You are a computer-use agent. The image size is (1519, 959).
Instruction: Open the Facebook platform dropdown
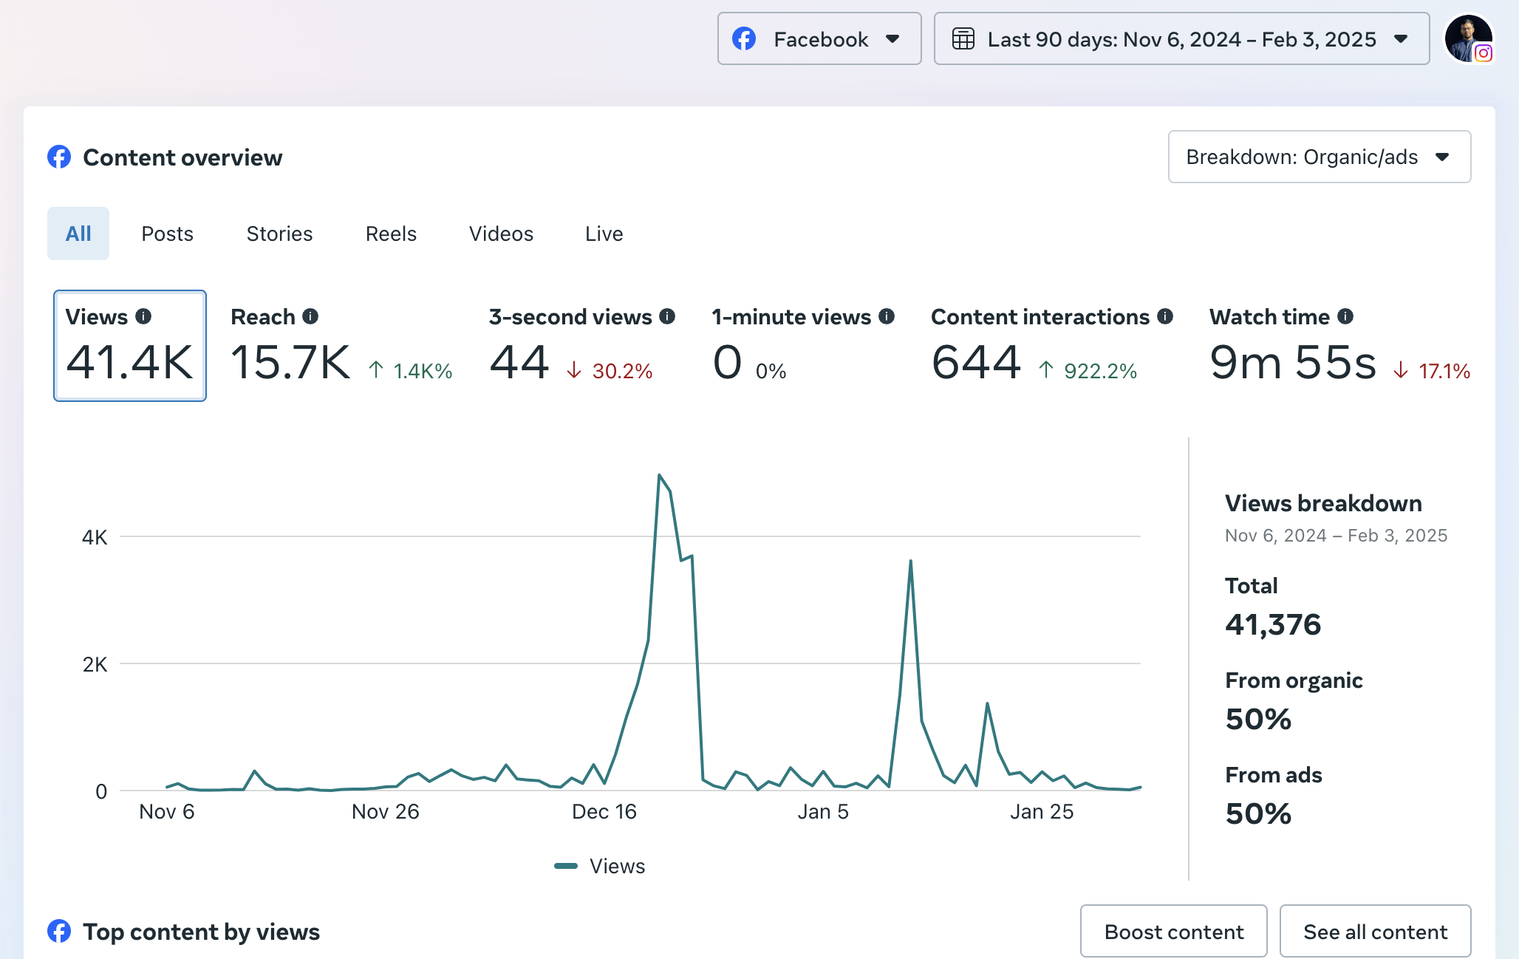point(819,38)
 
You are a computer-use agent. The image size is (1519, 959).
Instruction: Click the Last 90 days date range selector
point(1181,38)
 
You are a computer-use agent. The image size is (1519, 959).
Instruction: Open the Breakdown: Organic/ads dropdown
point(1319,157)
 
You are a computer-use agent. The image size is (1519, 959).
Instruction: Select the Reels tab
point(391,233)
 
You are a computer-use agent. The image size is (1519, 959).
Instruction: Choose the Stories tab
point(279,233)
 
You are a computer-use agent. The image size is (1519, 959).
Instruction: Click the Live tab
point(604,233)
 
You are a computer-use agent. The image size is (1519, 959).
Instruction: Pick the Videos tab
point(501,233)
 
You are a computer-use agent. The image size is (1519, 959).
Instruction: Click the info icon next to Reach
point(310,316)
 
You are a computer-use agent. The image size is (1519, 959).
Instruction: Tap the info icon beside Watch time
point(1345,316)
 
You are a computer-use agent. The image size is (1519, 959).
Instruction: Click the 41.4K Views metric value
point(130,362)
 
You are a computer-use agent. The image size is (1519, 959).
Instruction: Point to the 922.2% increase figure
point(1099,371)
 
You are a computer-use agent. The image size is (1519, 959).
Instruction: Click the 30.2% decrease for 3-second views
point(622,371)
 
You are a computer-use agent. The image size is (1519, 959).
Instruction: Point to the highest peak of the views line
point(659,475)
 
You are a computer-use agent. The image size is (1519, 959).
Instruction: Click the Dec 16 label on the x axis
point(604,811)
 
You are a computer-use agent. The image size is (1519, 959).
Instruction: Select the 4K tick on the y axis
point(95,537)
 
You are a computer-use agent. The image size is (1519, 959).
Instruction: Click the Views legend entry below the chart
point(600,866)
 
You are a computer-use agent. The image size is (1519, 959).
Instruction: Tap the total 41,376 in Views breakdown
point(1272,624)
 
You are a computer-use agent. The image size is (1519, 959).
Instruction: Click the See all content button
point(1374,932)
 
